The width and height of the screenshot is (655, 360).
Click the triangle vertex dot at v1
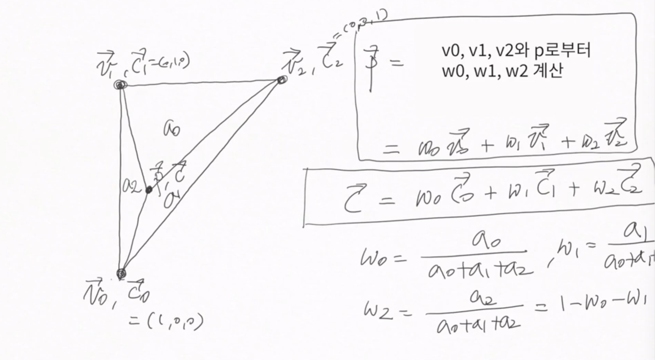pos(120,85)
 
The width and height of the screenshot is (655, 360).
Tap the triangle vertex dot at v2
pos(281,80)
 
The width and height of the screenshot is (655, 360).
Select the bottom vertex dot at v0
pos(121,273)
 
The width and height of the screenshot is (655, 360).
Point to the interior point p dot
pos(149,190)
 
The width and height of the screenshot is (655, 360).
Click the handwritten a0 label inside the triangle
pos(172,130)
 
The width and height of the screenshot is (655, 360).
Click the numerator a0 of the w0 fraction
pos(487,241)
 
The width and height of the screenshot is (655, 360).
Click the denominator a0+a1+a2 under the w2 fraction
pos(478,325)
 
